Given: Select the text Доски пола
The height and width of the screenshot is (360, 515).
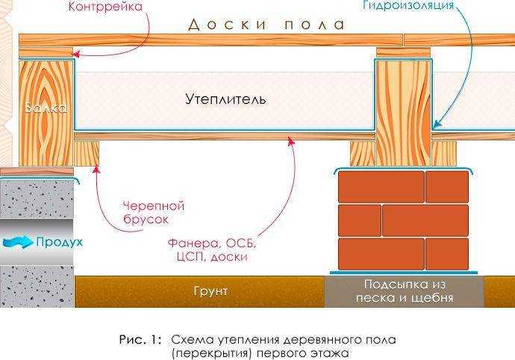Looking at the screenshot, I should click(266, 25).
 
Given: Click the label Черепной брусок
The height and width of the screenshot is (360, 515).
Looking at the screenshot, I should click(153, 213).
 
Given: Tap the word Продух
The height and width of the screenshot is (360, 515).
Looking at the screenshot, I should click(59, 242).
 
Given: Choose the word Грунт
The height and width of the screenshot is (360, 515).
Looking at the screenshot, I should click(209, 291).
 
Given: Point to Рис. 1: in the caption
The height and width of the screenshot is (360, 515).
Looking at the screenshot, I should click(139, 339).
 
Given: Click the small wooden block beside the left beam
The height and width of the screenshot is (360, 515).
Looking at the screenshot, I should click(87, 153).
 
